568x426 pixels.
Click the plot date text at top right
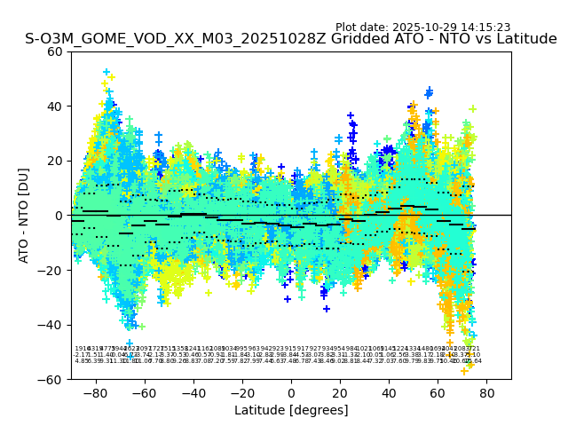click(422, 28)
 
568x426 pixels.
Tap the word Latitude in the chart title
click(523, 39)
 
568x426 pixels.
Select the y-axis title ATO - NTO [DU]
click(24, 215)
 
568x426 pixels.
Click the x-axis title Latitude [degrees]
click(290, 410)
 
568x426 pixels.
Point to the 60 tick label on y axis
click(54, 51)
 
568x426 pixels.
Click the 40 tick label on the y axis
click(54, 106)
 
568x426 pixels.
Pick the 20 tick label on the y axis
click(54, 161)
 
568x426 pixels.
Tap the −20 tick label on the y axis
click(51, 270)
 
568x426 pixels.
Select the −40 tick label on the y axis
click(51, 325)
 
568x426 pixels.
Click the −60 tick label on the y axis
click(51, 379)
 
